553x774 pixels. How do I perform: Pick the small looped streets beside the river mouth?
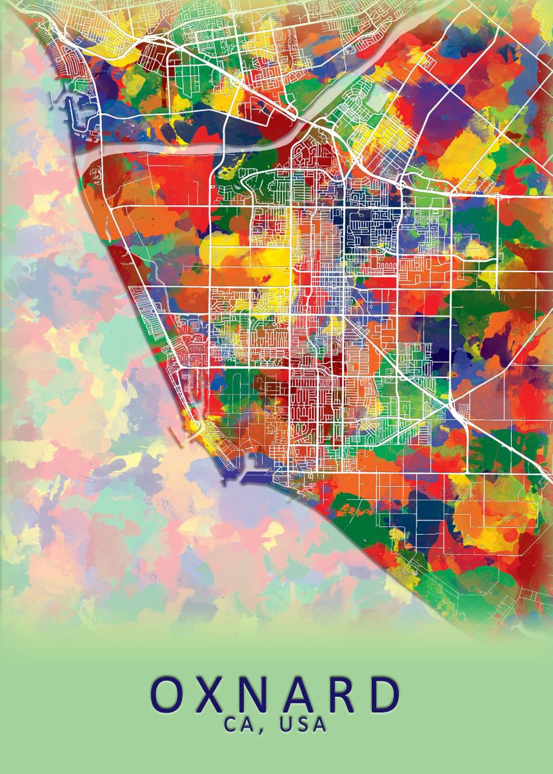pyautogui.click(x=96, y=175)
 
